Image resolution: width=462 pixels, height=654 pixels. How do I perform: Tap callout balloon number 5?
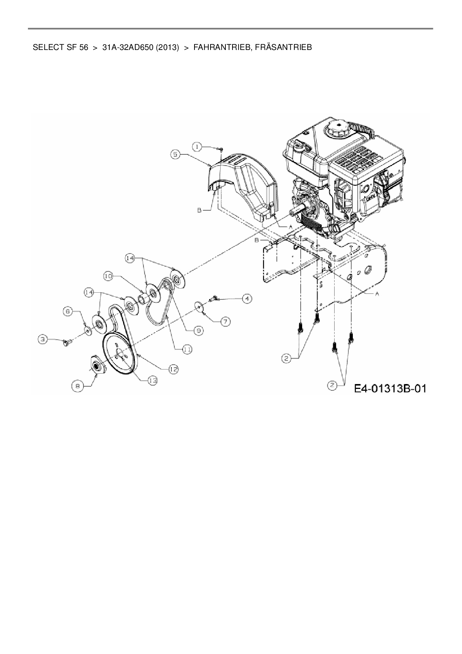(177, 154)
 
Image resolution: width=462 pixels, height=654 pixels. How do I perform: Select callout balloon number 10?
(108, 276)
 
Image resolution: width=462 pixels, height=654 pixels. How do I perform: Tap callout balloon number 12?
(173, 369)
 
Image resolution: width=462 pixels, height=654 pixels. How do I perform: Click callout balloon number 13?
(152, 380)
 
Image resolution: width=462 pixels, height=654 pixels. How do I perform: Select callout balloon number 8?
(77, 387)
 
